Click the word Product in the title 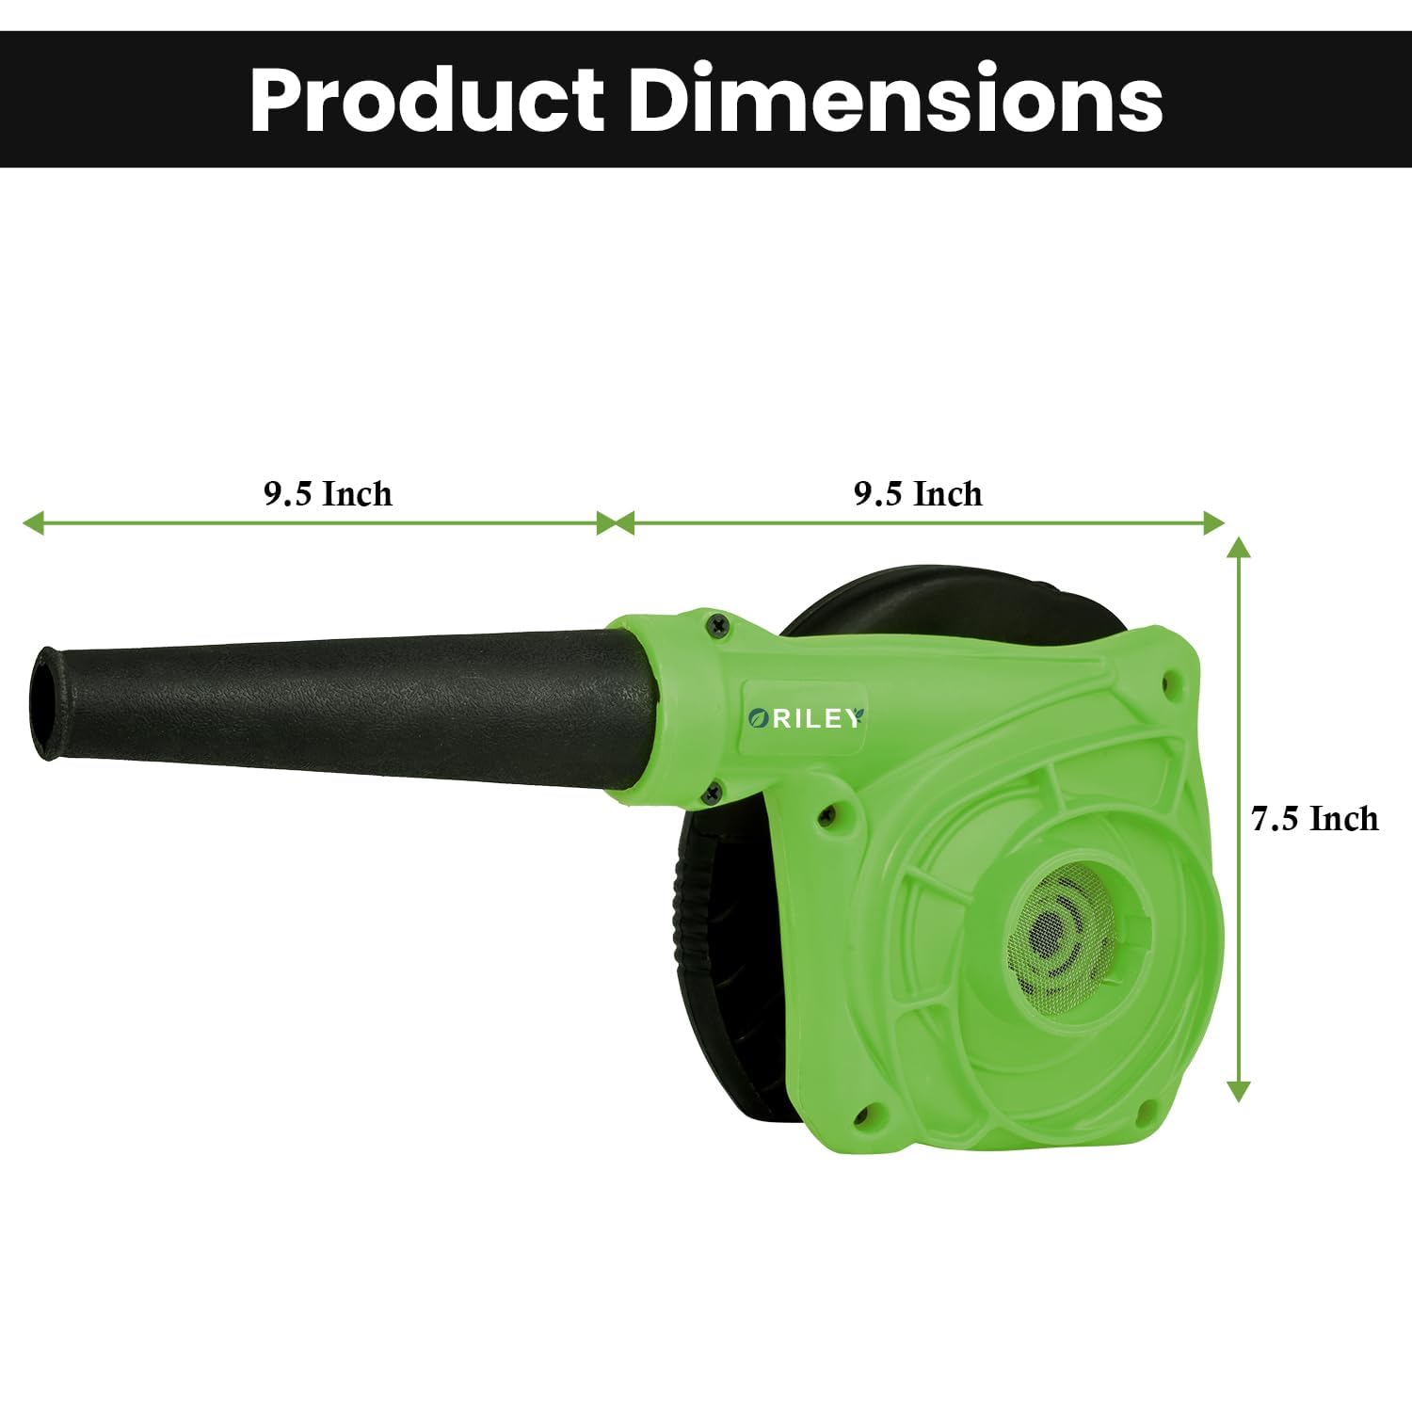[426, 101]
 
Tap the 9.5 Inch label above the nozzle [327, 493]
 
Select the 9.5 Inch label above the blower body [918, 493]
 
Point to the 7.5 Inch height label [1314, 818]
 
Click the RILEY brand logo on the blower [805, 718]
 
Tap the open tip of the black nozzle [43, 701]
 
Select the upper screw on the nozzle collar [718, 622]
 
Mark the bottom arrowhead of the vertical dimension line [1239, 1091]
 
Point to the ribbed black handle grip [692, 904]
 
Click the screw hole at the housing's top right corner [1170, 679]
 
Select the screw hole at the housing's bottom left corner [860, 1117]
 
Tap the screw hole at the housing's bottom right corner [1145, 1111]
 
